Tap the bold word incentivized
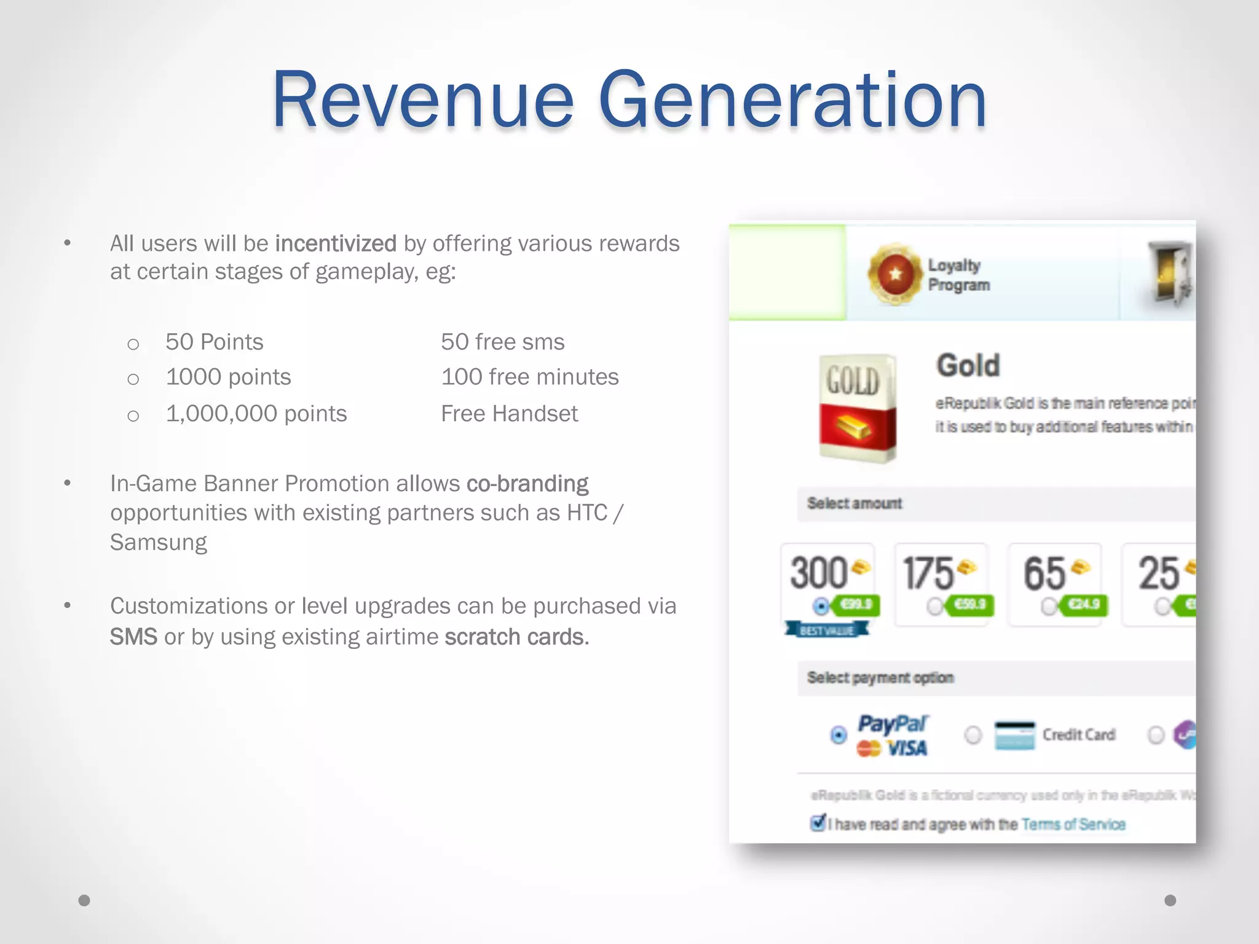coord(336,244)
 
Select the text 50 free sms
coord(502,342)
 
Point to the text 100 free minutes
coord(529,377)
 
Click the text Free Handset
coord(509,414)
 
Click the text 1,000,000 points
coord(256,414)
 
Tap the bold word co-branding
coord(527,484)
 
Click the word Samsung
coord(159,542)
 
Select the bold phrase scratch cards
coord(516,637)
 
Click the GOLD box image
coord(857,407)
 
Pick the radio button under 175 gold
coord(935,607)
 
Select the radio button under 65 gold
coord(1049,607)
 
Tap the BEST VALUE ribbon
coord(827,630)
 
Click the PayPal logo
coord(893,724)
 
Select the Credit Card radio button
coord(973,735)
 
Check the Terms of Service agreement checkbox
coord(818,823)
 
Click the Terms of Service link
coord(1073,824)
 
